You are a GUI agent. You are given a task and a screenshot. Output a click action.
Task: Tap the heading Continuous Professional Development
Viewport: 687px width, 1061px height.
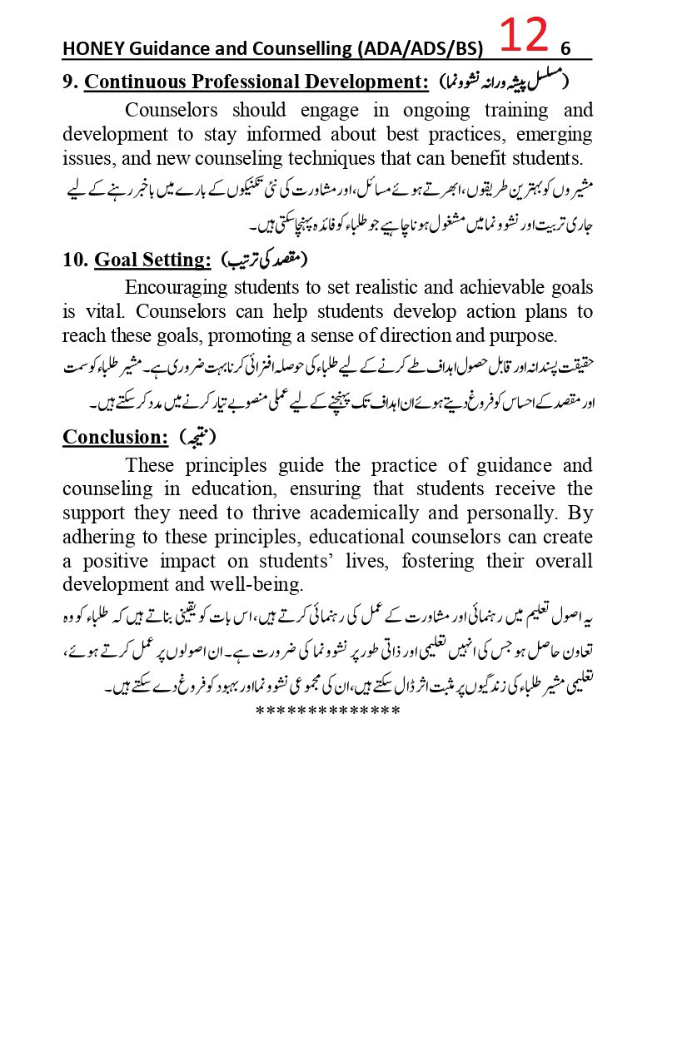(x=256, y=82)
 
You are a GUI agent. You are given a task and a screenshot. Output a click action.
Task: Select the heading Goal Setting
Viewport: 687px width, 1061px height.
(x=152, y=260)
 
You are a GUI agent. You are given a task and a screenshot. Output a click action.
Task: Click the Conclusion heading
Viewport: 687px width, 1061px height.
(x=116, y=437)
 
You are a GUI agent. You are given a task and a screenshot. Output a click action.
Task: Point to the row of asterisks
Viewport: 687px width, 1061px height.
(x=328, y=711)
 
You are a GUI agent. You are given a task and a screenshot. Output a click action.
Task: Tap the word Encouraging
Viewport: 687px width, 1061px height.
(x=182, y=288)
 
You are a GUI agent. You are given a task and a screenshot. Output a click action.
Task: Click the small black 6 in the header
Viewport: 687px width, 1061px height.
(x=565, y=48)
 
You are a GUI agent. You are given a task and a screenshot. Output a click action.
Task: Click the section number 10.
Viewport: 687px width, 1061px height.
(x=75, y=260)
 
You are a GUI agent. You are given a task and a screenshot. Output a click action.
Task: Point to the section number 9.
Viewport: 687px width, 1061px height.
(x=70, y=82)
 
